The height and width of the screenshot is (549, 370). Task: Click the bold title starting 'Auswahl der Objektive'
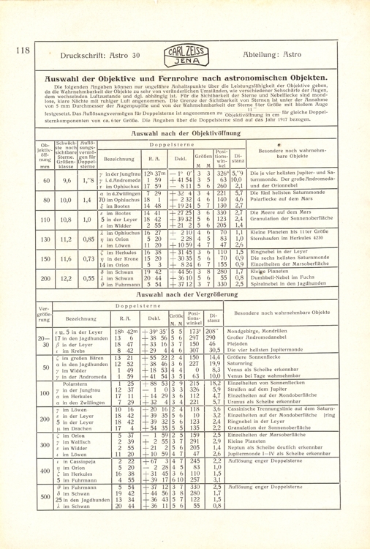coord(185,77)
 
